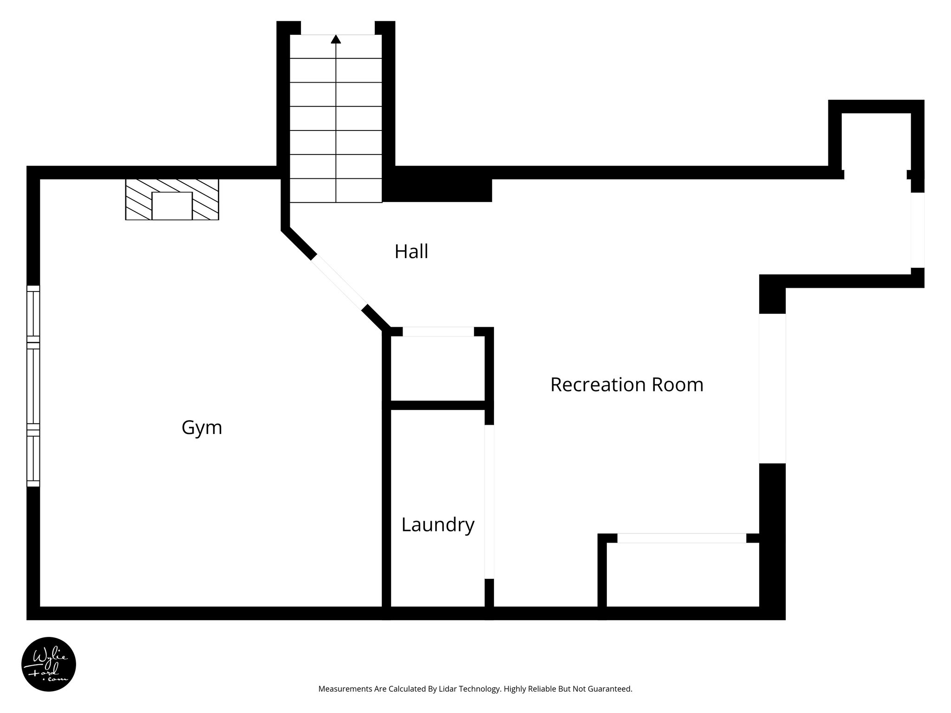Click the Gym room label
point(202,428)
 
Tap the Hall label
point(411,252)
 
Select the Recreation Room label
point(626,385)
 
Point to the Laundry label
point(437,525)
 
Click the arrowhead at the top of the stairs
point(336,39)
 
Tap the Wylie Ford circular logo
point(49,664)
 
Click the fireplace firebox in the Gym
point(172,206)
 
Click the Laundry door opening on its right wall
point(489,501)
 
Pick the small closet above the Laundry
point(437,368)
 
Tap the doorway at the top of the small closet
point(438,331)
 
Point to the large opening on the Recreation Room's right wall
point(772,388)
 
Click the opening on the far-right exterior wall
point(917,230)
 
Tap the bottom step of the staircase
point(336,191)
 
